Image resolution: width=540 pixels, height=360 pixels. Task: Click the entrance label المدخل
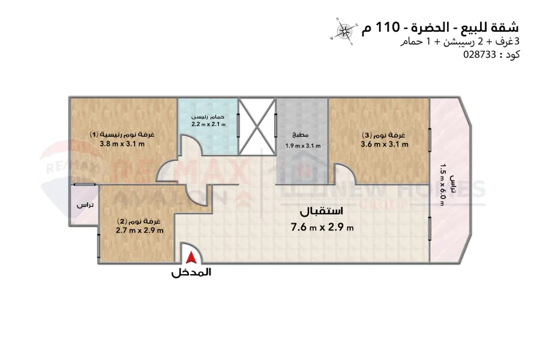191,272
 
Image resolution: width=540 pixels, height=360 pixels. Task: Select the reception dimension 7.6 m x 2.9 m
322,227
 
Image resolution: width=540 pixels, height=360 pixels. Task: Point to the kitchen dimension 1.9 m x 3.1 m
302,145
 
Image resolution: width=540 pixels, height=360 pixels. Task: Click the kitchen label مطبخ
302,135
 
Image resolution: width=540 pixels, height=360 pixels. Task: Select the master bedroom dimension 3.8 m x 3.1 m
127,144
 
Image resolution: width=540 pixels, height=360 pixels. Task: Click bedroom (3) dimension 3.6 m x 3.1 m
385,144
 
